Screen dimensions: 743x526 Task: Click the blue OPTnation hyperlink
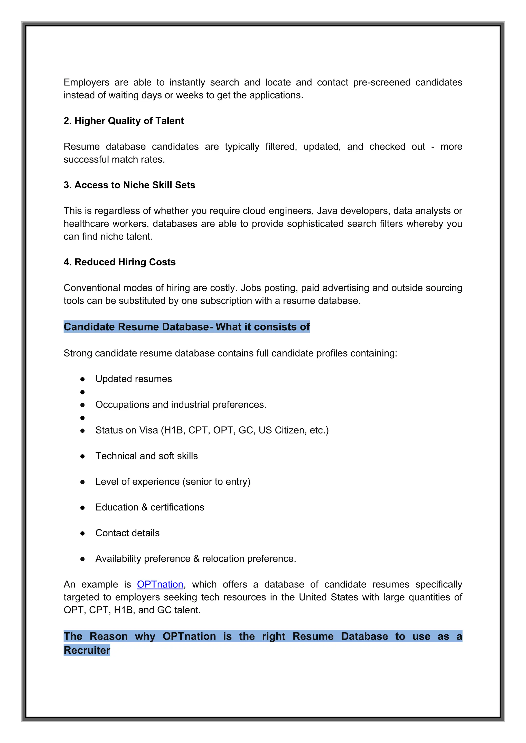pyautogui.click(x=160, y=584)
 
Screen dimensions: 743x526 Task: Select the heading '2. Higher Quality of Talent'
pyautogui.click(x=124, y=121)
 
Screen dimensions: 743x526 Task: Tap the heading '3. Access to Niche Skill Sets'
pyautogui.click(x=129, y=185)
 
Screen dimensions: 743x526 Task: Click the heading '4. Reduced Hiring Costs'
pyautogui.click(x=119, y=262)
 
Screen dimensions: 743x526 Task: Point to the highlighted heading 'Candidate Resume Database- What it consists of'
pyautogui.click(x=186, y=327)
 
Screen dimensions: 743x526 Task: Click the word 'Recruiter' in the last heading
pyautogui.click(x=87, y=650)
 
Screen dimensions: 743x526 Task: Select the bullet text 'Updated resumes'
pyautogui.click(x=134, y=379)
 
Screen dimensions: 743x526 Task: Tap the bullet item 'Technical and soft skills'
pyautogui.click(x=146, y=456)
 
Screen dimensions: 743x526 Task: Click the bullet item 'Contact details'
pyautogui.click(x=127, y=533)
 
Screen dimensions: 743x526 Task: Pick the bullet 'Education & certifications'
pyautogui.click(x=150, y=507)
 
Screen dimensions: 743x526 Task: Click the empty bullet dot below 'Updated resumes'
pyautogui.click(x=83, y=392)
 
